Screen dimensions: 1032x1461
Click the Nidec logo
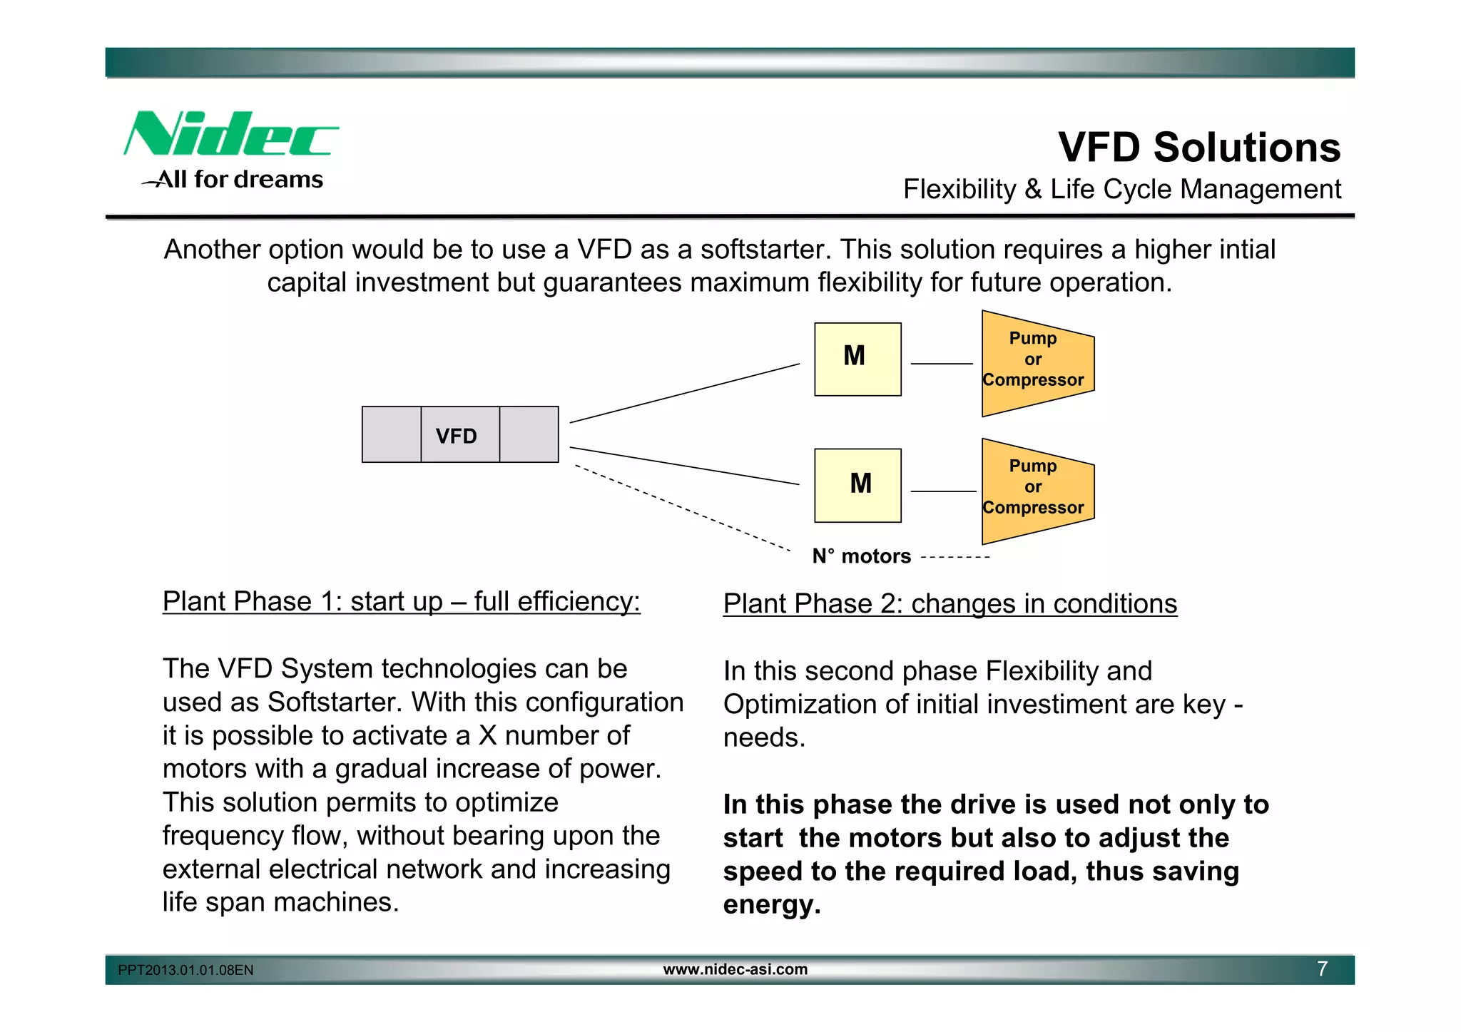tap(230, 134)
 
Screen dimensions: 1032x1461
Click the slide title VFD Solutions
tap(1198, 148)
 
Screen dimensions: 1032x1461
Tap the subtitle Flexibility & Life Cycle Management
tap(1121, 190)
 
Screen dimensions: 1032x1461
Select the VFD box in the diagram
tap(459, 435)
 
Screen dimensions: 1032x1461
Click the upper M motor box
tap(857, 359)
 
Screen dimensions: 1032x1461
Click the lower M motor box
tap(857, 485)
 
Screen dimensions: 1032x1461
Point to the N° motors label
tap(861, 556)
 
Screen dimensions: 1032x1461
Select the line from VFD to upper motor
tap(685, 393)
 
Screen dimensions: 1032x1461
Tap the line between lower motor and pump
tap(942, 491)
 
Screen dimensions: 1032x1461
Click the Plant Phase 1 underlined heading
tap(401, 602)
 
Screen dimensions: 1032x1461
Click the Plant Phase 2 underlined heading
tap(950, 604)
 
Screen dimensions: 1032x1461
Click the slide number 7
tap(1322, 969)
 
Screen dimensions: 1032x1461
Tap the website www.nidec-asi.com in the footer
tap(735, 969)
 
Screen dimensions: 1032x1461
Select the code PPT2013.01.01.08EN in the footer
tap(185, 970)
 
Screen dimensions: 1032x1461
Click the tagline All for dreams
tap(239, 179)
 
